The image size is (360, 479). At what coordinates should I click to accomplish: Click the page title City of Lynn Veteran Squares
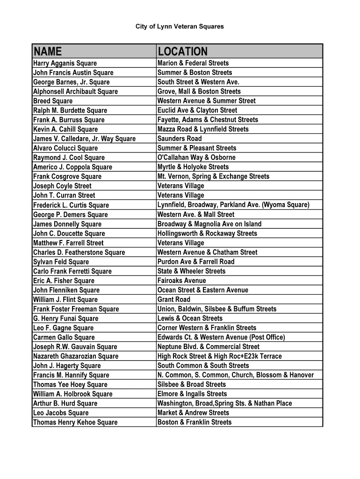pyautogui.click(x=180, y=27)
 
